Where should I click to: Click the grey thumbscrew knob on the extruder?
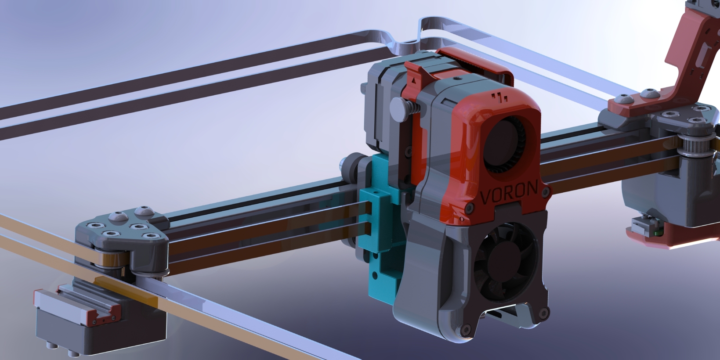click(x=399, y=109)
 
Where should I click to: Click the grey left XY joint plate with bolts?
click(x=123, y=233)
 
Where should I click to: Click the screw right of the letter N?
click(x=546, y=192)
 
